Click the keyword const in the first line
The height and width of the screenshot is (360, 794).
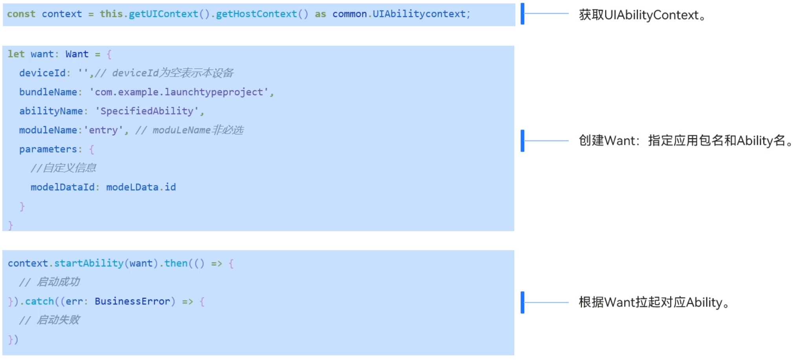[x=21, y=14]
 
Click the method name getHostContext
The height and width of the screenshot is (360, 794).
[x=256, y=14]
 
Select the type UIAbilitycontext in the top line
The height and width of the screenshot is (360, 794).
[x=419, y=14]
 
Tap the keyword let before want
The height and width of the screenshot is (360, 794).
[x=16, y=54]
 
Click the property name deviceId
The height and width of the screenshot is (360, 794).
[x=42, y=73]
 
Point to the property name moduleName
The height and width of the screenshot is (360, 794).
[x=48, y=130]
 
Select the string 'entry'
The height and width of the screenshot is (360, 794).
[x=103, y=130]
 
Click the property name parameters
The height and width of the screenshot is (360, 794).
[x=48, y=149]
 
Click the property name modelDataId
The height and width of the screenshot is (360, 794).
[x=62, y=187]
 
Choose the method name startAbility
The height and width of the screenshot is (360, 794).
[x=89, y=263]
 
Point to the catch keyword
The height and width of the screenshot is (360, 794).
[x=39, y=301]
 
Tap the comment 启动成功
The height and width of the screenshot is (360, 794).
[x=58, y=282]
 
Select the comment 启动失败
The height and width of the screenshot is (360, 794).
[x=58, y=320]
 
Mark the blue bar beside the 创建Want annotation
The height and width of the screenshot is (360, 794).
[x=522, y=141]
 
